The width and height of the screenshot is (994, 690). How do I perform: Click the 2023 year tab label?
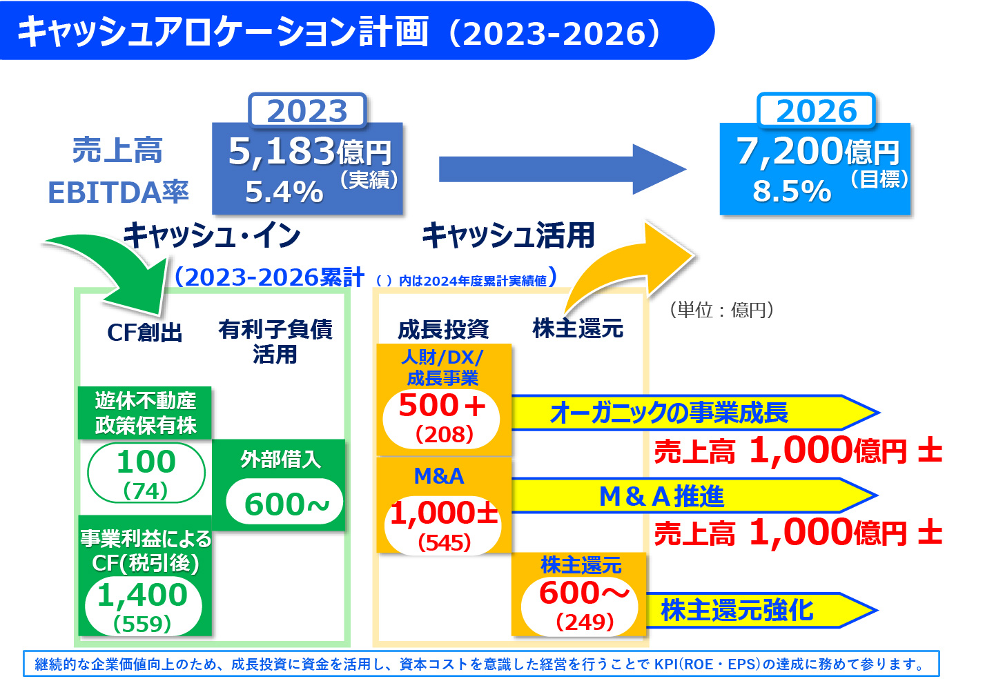(307, 111)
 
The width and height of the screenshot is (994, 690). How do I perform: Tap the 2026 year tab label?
(816, 111)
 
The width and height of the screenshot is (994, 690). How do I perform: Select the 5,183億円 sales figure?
(309, 151)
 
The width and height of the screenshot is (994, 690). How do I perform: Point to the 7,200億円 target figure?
(817, 151)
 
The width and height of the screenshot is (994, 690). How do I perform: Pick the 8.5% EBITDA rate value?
(792, 191)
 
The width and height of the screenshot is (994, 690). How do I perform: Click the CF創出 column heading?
(145, 333)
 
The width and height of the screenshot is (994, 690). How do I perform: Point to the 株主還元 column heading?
(578, 328)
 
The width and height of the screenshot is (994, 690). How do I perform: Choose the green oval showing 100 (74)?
(146, 473)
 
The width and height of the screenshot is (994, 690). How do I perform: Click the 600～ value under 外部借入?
(286, 504)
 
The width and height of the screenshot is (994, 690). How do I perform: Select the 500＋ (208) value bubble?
(442, 417)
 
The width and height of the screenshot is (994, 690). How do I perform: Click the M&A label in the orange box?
(439, 476)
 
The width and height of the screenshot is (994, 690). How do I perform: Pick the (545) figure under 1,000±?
(444, 543)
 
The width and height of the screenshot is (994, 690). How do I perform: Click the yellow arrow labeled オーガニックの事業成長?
(690, 413)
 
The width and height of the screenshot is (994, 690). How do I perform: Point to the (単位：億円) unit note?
(722, 310)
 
